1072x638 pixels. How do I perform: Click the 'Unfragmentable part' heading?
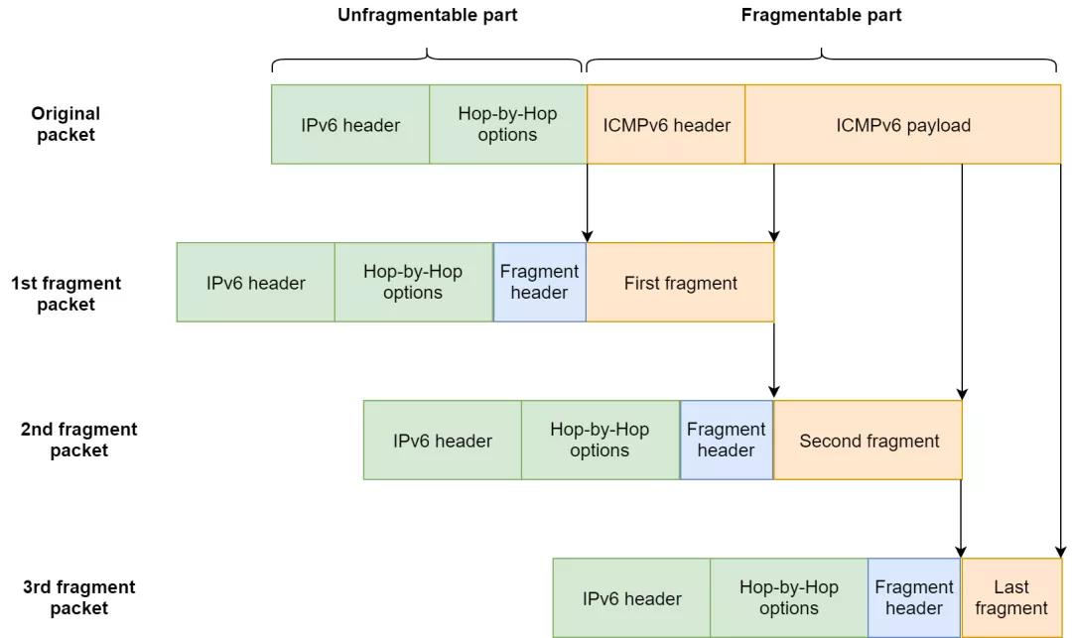(x=427, y=15)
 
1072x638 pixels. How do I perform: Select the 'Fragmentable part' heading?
(x=821, y=15)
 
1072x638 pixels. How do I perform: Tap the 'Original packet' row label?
(x=66, y=124)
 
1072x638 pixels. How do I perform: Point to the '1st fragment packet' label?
(x=66, y=294)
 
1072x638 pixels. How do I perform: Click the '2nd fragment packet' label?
(x=78, y=440)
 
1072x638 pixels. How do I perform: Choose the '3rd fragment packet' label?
(x=78, y=597)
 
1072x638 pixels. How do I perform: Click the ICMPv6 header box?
(x=666, y=124)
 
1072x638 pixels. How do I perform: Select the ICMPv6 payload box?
(x=903, y=124)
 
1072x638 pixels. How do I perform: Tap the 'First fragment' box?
(x=680, y=282)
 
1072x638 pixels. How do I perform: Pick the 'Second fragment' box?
(x=869, y=440)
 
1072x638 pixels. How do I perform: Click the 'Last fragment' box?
(x=1011, y=597)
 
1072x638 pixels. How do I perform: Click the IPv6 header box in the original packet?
(x=350, y=124)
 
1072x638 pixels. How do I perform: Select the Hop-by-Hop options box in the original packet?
(x=508, y=124)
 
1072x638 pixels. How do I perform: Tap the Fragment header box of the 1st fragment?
(x=539, y=282)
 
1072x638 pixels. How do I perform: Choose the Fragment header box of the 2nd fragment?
(x=727, y=440)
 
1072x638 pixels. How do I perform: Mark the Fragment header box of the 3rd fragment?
(x=915, y=597)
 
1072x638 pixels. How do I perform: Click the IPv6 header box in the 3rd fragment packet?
(x=631, y=597)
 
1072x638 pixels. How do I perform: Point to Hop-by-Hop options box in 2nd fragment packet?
(x=601, y=440)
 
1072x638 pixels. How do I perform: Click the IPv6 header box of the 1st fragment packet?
(x=256, y=282)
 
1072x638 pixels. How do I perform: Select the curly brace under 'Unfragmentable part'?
(x=427, y=55)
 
